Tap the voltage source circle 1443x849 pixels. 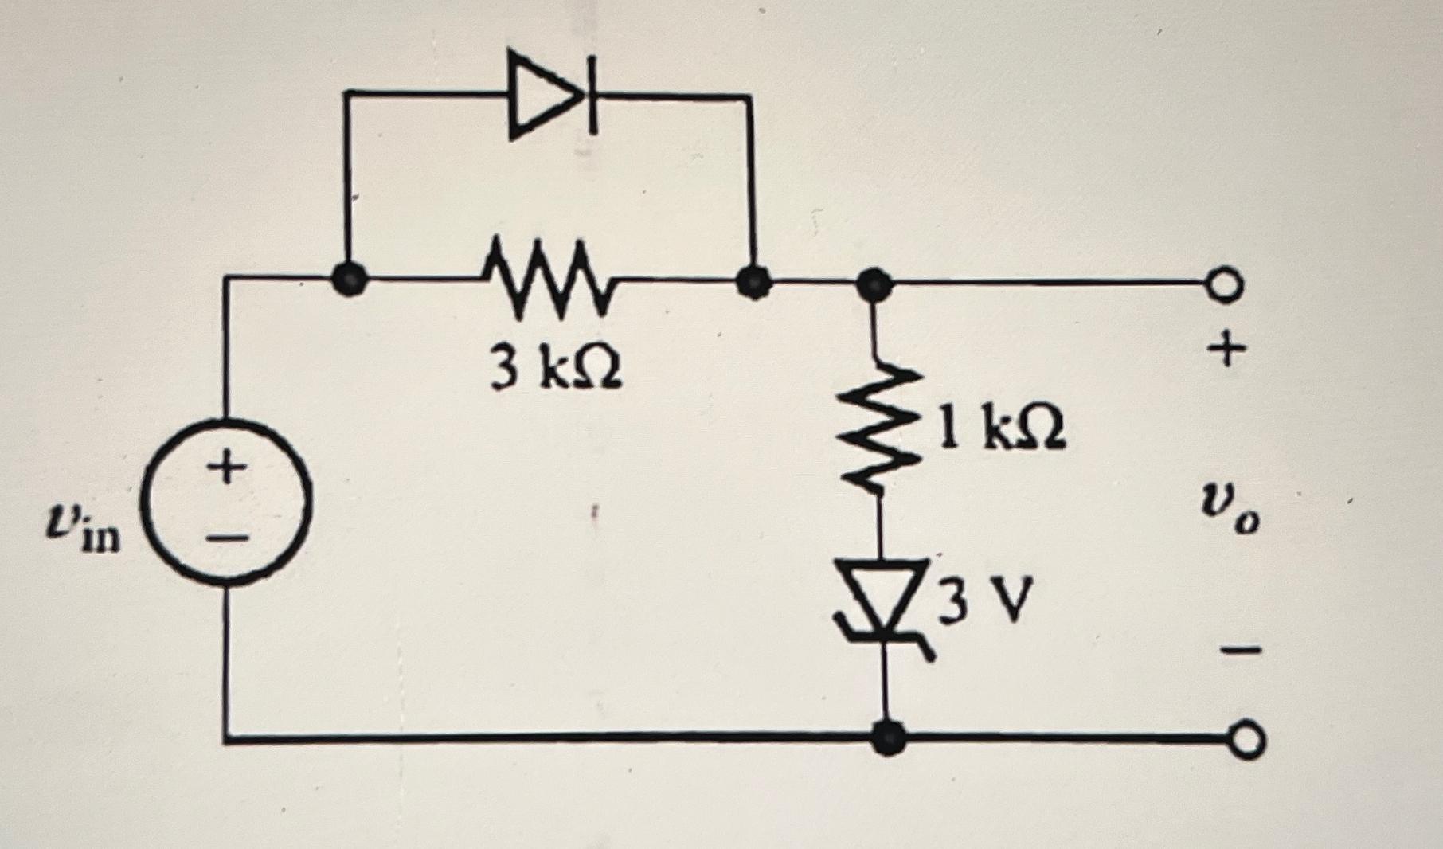[226, 503]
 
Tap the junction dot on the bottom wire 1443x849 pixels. [887, 737]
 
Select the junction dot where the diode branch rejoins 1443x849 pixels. [751, 280]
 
